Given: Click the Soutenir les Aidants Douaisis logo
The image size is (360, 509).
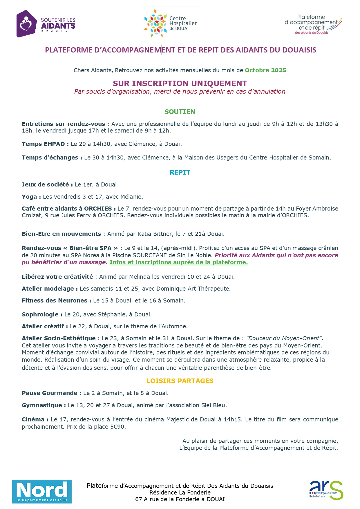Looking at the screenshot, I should (x=46, y=24).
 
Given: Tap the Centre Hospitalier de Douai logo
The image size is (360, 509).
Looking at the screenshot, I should (x=170, y=23).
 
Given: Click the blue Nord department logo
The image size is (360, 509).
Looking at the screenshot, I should (x=42, y=491).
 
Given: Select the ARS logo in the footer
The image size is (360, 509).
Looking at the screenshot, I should (x=326, y=490).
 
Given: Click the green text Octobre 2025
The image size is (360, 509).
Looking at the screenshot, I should (x=265, y=70).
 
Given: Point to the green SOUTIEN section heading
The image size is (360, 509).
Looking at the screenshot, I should (x=180, y=112).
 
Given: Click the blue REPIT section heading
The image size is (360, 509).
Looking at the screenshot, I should (x=180, y=172).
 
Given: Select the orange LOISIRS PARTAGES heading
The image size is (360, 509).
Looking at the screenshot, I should (x=180, y=381).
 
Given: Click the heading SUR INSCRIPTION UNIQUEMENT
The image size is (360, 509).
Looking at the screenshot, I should (x=180, y=84).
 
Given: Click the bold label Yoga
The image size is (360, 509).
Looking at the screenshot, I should (x=29, y=197).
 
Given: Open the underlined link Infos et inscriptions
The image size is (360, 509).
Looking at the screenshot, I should (x=179, y=262).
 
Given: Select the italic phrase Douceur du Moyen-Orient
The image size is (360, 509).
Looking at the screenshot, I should (x=284, y=338).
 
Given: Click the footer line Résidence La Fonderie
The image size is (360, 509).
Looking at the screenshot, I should (x=180, y=492).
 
